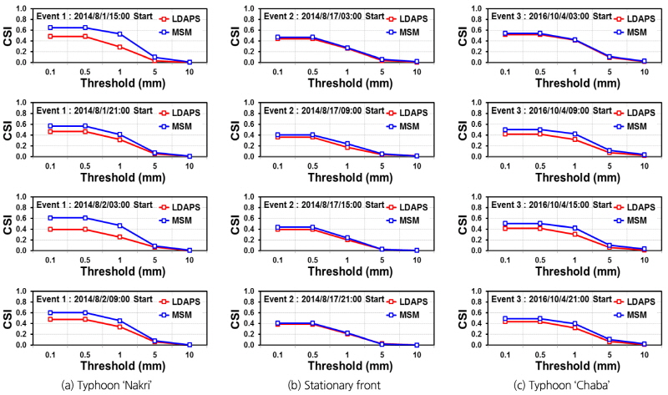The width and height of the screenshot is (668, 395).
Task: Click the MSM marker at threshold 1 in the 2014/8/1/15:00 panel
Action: (x=120, y=34)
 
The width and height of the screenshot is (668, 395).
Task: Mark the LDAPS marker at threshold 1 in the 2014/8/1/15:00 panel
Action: (x=120, y=47)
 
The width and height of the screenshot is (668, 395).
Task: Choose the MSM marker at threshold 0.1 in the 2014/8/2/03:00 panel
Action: (x=52, y=217)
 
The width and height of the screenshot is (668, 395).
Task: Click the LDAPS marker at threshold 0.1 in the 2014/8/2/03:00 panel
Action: (x=52, y=229)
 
